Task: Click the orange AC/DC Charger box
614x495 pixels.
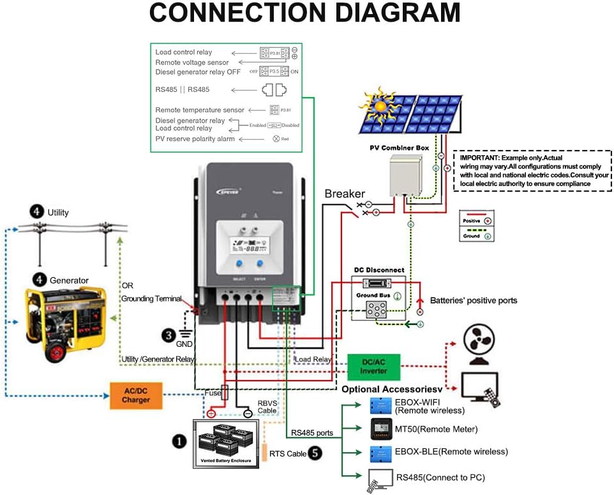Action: (136, 395)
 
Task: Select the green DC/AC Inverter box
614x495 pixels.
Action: (373, 367)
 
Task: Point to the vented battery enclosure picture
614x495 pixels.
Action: (227, 442)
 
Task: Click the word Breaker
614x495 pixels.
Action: (345, 194)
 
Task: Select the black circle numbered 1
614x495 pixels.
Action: (179, 441)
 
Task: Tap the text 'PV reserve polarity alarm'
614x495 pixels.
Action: (195, 139)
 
